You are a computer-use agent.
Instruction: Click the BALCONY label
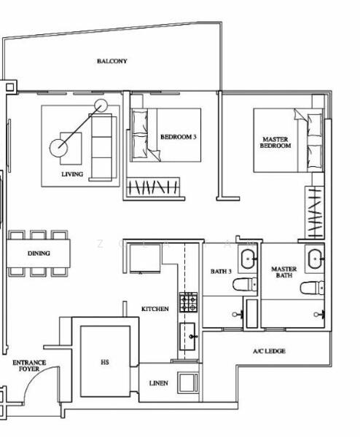(111, 61)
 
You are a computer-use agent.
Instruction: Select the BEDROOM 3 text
(179, 136)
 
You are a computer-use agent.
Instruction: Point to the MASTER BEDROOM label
(275, 142)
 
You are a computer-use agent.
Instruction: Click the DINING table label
(39, 253)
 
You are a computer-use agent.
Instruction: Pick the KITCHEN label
(154, 309)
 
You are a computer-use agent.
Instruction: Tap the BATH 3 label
(221, 272)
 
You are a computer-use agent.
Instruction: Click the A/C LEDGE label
(269, 351)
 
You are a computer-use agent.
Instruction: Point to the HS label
(104, 361)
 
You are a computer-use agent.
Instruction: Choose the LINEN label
(158, 382)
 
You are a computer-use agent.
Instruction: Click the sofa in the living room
(104, 146)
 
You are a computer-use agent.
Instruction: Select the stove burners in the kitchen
(188, 301)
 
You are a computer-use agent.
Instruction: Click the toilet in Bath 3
(246, 285)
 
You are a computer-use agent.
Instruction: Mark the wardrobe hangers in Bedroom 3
(153, 187)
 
